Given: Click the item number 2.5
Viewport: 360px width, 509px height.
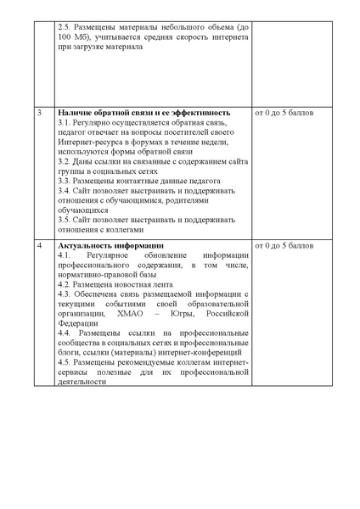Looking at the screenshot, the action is tap(65, 28).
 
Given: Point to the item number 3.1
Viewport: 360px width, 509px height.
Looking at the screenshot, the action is tap(66, 123).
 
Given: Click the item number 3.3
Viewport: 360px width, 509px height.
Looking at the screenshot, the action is tap(66, 181).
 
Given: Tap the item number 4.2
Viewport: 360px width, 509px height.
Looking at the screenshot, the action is tap(66, 284).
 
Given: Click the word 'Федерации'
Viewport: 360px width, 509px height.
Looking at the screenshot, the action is tap(78, 323).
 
